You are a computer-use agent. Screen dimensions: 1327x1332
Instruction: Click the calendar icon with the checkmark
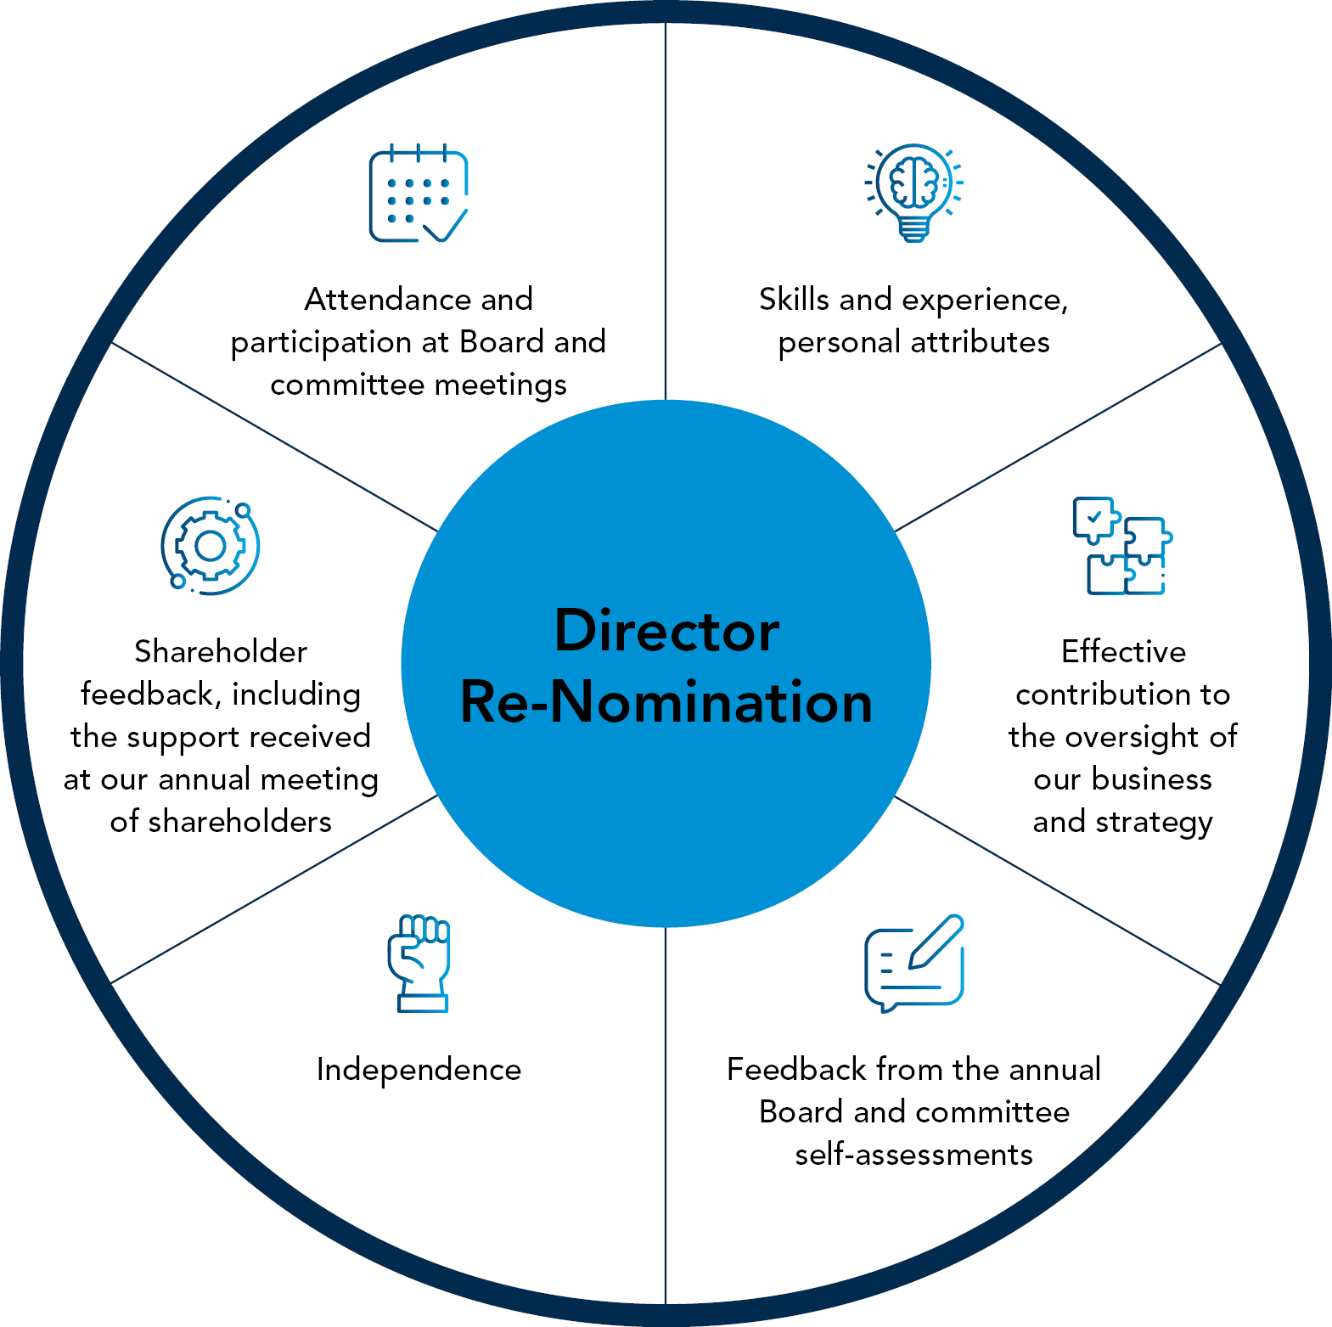click(x=418, y=194)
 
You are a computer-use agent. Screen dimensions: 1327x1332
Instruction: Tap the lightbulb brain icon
click(x=913, y=192)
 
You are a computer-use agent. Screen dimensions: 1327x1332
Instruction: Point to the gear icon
click(x=211, y=546)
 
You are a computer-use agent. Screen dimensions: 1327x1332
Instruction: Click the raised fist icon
click(x=419, y=963)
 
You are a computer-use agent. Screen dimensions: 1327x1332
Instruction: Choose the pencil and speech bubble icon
click(x=914, y=963)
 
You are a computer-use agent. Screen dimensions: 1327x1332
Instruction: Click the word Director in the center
click(x=666, y=631)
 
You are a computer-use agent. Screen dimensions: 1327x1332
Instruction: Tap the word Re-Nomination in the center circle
click(x=666, y=703)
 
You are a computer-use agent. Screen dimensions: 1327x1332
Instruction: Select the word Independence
click(x=419, y=1070)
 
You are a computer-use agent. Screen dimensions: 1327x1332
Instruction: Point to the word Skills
click(x=794, y=300)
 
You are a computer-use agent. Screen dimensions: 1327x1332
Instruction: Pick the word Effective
click(x=1123, y=652)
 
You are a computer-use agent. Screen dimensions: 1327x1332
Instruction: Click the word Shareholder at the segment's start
click(x=221, y=652)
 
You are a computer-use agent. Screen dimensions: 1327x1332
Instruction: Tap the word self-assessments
click(x=913, y=1155)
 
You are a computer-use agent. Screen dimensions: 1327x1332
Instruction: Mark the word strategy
click(x=1154, y=823)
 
